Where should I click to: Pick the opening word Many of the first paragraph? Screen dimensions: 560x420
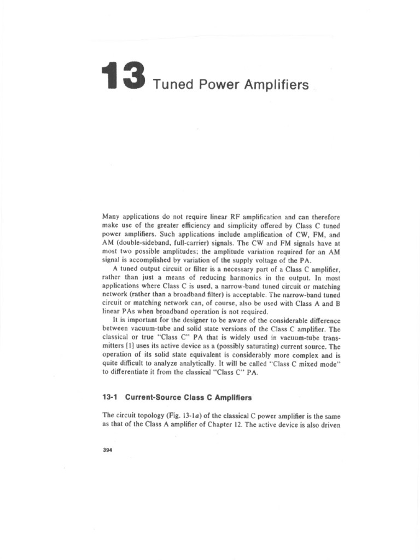click(112, 217)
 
